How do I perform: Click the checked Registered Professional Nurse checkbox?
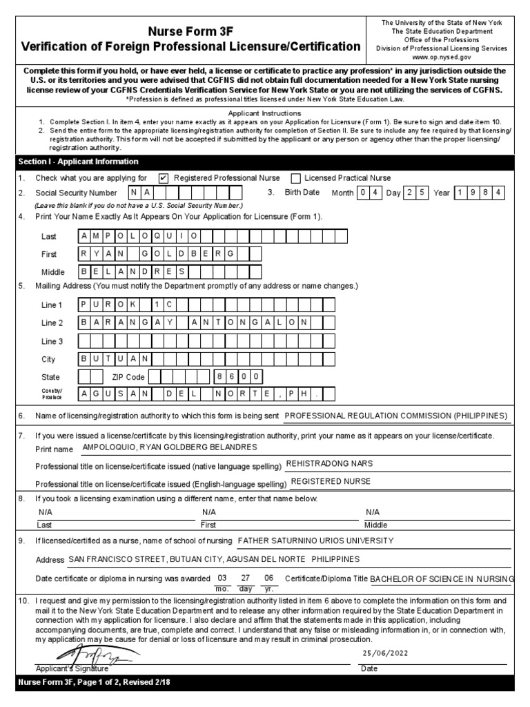(x=164, y=178)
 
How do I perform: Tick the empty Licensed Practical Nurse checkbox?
(x=295, y=178)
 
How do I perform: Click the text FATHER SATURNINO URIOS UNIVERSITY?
(x=315, y=541)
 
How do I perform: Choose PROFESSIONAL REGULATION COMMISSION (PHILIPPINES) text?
(x=395, y=416)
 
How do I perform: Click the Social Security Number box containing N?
(x=134, y=193)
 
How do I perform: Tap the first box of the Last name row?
(x=84, y=236)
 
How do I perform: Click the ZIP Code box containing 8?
(x=219, y=377)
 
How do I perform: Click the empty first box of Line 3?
(x=84, y=341)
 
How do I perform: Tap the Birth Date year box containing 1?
(x=460, y=193)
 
